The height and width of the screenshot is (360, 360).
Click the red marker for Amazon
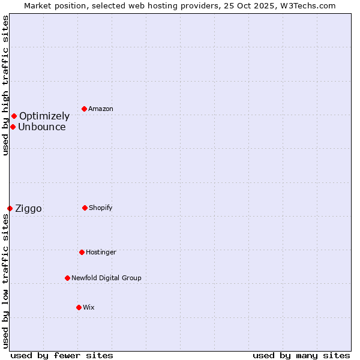(85, 109)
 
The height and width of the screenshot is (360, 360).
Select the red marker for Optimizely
(14, 116)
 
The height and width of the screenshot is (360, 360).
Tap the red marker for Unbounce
(13, 127)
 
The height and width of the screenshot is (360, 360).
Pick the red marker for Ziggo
(10, 208)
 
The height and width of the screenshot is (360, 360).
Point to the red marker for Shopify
(85, 208)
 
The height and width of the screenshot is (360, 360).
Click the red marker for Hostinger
(82, 252)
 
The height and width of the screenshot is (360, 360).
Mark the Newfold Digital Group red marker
(67, 278)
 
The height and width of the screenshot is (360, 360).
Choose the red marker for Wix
(79, 307)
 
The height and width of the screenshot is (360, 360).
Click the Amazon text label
(101, 109)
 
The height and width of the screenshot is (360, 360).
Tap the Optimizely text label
(44, 116)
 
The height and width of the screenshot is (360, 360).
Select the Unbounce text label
(42, 127)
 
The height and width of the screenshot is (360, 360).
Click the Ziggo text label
(28, 209)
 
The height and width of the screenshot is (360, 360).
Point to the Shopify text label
(101, 208)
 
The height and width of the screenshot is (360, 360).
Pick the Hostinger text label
(101, 252)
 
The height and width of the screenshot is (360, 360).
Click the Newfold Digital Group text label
(106, 278)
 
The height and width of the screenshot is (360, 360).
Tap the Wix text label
(89, 307)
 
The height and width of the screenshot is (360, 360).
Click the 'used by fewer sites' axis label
(62, 355)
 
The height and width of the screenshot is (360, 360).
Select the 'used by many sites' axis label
(301, 355)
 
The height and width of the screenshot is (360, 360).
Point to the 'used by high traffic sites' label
(5, 85)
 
